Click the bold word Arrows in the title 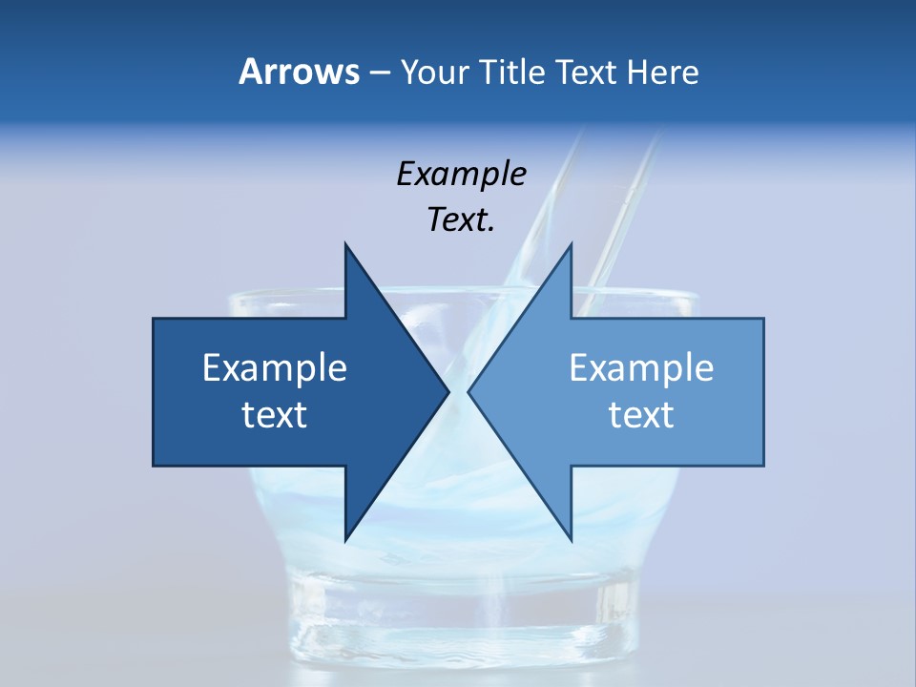tap(298, 73)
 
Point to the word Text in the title tap(588, 73)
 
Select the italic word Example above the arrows tap(461, 175)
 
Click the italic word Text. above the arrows tap(461, 220)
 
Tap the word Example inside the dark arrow tap(275, 368)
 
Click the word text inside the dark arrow tap(275, 415)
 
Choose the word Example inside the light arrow tap(641, 368)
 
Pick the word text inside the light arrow tap(641, 415)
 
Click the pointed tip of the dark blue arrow tap(448, 392)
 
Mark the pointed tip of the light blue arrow tap(468, 392)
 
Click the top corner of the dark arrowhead tap(345, 245)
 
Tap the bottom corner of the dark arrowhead tap(345, 540)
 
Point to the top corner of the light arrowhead tap(571, 245)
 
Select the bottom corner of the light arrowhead tap(571, 540)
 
